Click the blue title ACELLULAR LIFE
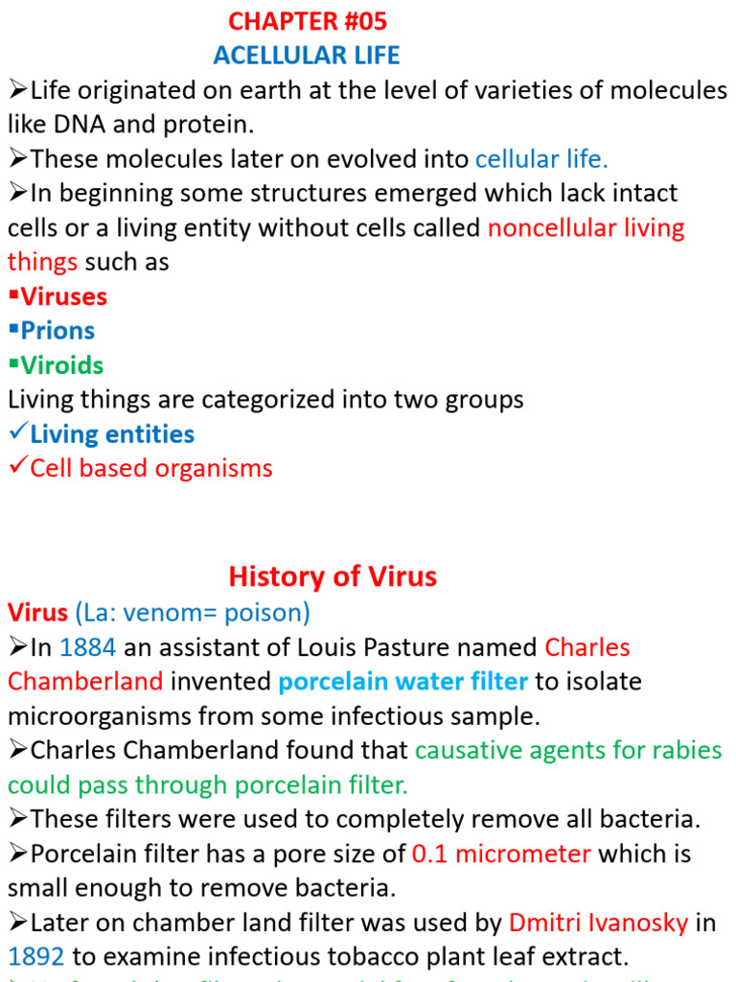[x=307, y=56]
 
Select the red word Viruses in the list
[x=65, y=296]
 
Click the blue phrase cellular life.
[x=541, y=159]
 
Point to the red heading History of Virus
[x=333, y=576]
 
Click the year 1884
[x=87, y=647]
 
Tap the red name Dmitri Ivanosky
[x=598, y=924]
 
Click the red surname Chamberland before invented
[x=86, y=682]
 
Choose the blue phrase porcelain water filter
[x=402, y=682]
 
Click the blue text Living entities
[x=112, y=434]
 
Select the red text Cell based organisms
[x=151, y=469]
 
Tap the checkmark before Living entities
[x=17, y=433]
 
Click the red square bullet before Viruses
[x=13, y=296]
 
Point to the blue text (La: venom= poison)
[x=194, y=612]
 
